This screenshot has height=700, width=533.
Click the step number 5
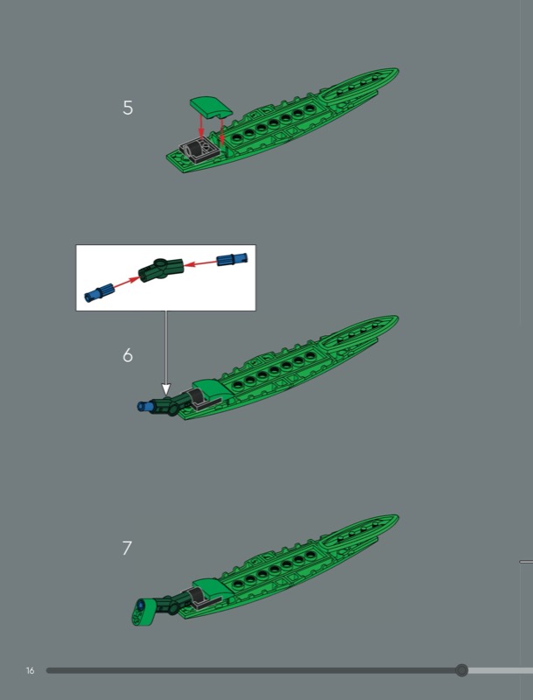click(x=128, y=108)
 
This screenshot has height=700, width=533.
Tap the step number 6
click(x=128, y=355)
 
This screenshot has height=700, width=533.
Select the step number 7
click(x=127, y=549)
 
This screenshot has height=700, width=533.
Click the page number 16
click(x=30, y=670)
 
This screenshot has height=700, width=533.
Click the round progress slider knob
click(x=461, y=670)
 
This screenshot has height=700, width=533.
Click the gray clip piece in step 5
click(x=198, y=150)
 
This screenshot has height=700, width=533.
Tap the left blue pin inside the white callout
click(x=99, y=293)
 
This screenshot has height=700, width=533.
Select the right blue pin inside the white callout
click(x=232, y=259)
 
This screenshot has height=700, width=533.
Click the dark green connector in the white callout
click(x=161, y=269)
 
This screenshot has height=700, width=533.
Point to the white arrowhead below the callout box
click(x=165, y=388)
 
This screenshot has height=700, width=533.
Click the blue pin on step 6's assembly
click(x=145, y=406)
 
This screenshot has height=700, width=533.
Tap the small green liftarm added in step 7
click(x=143, y=611)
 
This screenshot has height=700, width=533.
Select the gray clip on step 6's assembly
click(x=202, y=399)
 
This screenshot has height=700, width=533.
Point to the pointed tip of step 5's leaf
click(x=398, y=69)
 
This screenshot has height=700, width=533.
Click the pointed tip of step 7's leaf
click(x=398, y=516)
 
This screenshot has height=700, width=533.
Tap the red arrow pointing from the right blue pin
click(x=200, y=263)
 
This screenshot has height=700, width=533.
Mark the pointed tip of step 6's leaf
click(x=398, y=317)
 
